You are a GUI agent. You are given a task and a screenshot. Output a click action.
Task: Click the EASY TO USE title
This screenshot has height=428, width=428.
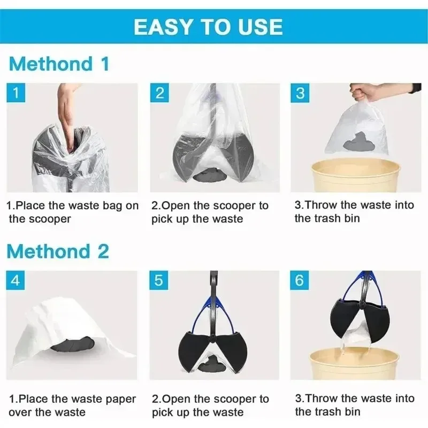click(208, 27)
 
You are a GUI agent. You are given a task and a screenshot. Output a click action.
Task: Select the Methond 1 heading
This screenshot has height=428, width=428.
click(59, 64)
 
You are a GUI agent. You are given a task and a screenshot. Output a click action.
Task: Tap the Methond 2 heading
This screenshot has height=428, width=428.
click(59, 251)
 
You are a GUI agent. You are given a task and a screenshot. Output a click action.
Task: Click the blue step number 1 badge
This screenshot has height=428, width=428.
click(16, 93)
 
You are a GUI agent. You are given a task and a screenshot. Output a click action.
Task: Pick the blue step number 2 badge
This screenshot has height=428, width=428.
click(159, 93)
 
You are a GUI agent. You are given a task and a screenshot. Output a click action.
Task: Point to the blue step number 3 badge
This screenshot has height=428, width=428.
click(300, 93)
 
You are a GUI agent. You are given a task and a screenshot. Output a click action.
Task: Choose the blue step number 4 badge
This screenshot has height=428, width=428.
click(16, 280)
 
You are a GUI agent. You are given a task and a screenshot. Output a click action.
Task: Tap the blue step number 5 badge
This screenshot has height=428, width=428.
click(159, 280)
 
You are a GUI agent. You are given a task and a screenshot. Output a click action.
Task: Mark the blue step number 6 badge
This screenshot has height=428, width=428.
click(300, 280)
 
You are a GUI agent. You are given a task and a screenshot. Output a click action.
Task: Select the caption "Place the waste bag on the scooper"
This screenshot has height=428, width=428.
click(72, 212)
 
